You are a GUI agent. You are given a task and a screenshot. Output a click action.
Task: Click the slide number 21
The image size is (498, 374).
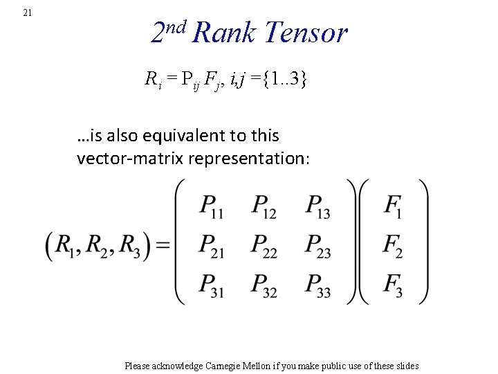(x=27, y=12)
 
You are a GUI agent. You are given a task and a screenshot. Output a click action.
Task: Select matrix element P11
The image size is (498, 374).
(x=210, y=206)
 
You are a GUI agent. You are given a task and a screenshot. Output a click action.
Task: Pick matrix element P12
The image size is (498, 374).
(x=263, y=206)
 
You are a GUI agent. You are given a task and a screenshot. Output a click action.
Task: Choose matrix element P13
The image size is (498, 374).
(x=317, y=206)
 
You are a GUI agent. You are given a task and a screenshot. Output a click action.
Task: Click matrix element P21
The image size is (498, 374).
(x=210, y=245)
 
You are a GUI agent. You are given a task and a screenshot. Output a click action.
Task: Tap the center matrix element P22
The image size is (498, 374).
(x=263, y=245)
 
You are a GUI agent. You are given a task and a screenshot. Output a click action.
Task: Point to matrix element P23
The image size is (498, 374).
(x=317, y=245)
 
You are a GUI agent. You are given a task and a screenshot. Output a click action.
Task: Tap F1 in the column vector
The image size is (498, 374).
(x=393, y=206)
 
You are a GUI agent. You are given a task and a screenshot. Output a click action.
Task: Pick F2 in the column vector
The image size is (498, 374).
(x=393, y=245)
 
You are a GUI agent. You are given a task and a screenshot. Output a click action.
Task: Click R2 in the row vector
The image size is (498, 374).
(x=100, y=246)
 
